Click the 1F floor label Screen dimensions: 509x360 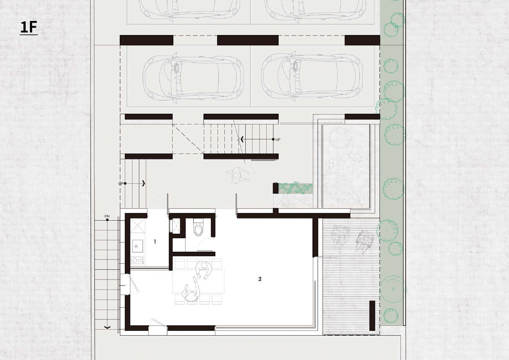click(x=29, y=27)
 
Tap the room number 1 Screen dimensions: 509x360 click(x=155, y=242)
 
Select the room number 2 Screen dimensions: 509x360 click(x=260, y=279)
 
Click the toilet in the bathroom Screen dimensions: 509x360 click(x=198, y=227)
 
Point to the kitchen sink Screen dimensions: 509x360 click(x=137, y=246)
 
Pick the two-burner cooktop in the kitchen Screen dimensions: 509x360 click(x=137, y=260)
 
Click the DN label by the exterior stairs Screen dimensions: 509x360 click(x=107, y=216)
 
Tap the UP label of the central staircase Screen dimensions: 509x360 click(x=278, y=139)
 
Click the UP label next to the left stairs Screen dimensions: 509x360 click(x=121, y=184)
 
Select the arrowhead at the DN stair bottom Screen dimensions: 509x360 click(x=107, y=327)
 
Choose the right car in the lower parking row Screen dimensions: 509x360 click(x=312, y=76)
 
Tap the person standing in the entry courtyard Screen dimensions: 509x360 click(x=238, y=176)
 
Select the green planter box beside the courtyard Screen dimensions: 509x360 click(x=295, y=188)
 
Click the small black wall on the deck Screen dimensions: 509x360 click(x=372, y=316)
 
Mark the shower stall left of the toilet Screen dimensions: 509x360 click(x=176, y=225)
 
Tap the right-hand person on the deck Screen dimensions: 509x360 click(x=365, y=241)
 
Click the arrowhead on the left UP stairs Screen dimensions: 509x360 click(x=144, y=183)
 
